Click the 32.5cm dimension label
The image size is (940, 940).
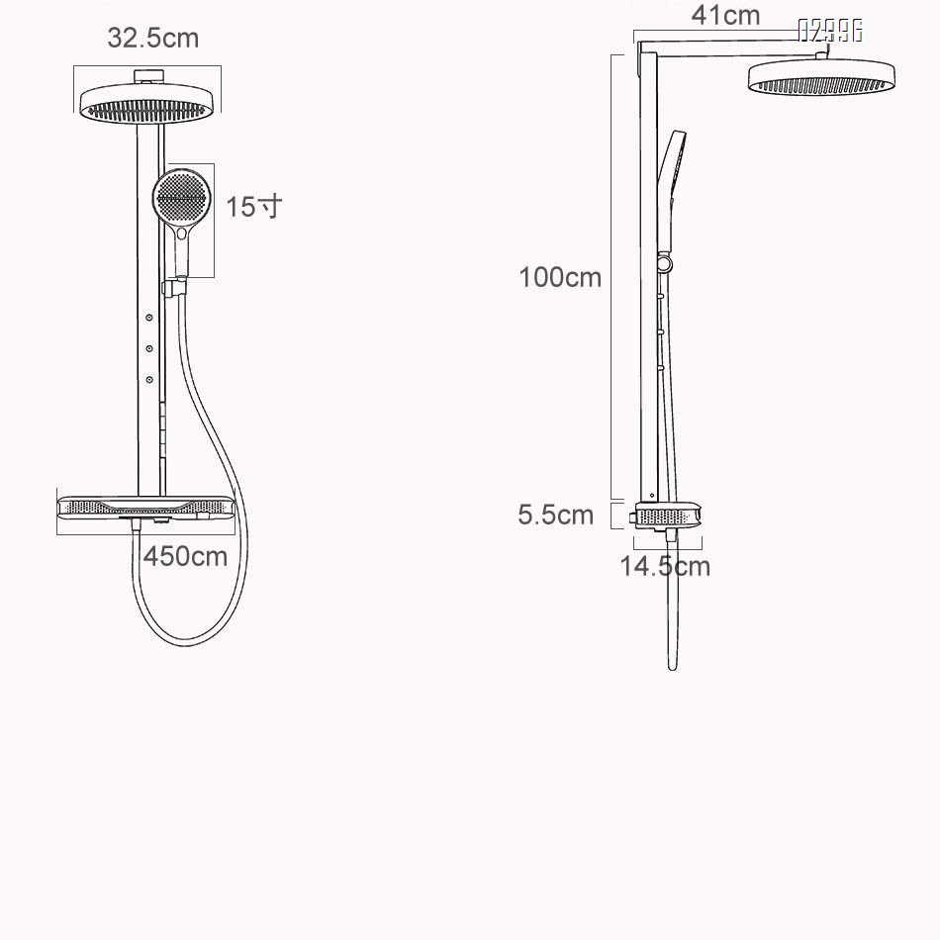click(152, 38)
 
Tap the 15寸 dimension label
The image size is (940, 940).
click(253, 207)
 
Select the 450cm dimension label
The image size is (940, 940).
click(185, 556)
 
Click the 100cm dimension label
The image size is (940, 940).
click(560, 277)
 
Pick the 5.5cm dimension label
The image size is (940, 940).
click(556, 515)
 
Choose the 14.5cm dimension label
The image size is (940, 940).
click(665, 566)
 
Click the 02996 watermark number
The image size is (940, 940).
click(830, 31)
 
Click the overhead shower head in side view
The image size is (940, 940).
click(821, 78)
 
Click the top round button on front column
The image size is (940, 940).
click(149, 317)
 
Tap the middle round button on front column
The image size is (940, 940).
click(149, 347)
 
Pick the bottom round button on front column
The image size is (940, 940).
click(149, 379)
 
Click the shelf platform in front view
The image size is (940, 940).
click(146, 508)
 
